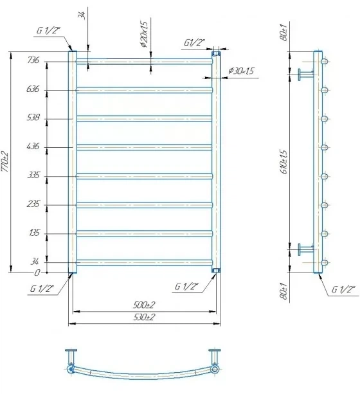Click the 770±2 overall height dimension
coord(5,161)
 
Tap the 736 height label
coord(33,60)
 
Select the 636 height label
coord(33,89)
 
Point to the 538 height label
coord(33,118)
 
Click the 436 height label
coord(33,146)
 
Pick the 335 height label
coord(33,175)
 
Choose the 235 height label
coord(33,204)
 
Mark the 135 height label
coord(35,233)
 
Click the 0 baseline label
coord(37,273)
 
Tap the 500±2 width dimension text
coord(144,305)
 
